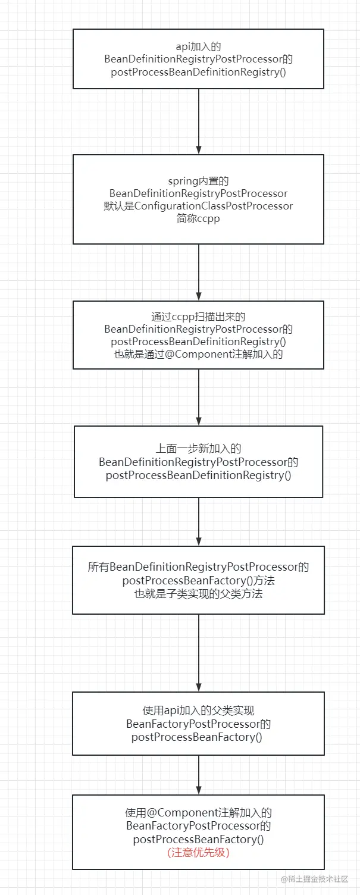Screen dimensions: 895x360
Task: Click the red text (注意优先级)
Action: tap(198, 852)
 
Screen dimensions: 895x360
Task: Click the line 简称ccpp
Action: tap(198, 218)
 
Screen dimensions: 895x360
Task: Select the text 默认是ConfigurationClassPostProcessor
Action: tap(198, 206)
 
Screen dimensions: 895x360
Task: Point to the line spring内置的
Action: tap(198, 181)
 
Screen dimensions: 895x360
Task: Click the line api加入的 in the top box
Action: tap(198, 46)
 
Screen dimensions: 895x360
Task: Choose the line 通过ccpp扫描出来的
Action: tap(198, 317)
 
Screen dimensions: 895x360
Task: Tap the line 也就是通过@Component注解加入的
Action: tap(198, 354)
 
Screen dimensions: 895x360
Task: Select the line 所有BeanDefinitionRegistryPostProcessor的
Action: tap(198, 567)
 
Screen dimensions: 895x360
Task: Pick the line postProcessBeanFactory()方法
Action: tap(198, 580)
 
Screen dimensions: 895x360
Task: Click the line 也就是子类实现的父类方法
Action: tap(198, 593)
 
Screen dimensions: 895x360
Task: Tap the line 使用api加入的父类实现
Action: tap(198, 711)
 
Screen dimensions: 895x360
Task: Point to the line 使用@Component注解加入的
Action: tap(198, 813)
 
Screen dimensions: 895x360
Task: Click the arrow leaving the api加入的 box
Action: tap(198, 121)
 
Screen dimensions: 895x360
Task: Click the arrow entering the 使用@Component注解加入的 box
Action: tap(198, 775)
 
